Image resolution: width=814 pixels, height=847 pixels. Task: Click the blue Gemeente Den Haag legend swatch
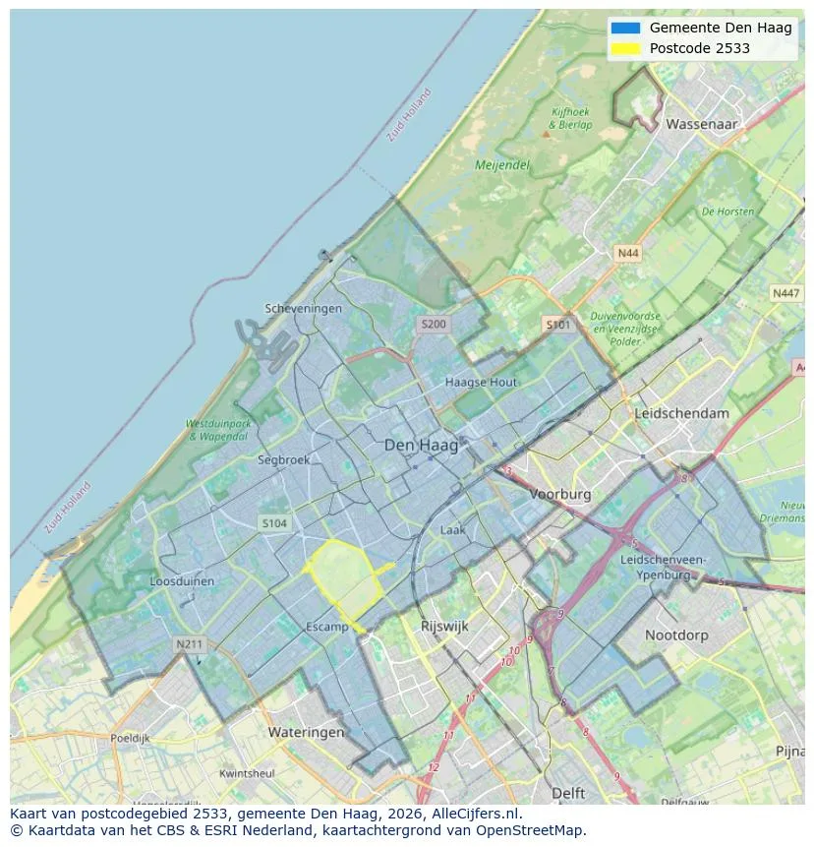[x=625, y=28]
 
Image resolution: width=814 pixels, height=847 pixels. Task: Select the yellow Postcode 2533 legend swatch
[x=625, y=48]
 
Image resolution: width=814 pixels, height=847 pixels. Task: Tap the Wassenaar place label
[x=701, y=125]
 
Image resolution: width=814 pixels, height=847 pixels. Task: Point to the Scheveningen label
[x=304, y=308]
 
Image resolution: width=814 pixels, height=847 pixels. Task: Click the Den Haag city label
[x=421, y=446]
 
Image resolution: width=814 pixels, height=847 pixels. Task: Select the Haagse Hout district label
[x=481, y=382]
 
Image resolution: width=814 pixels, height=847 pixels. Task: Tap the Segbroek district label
[x=283, y=459]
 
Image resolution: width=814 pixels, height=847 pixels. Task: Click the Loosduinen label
[x=182, y=581]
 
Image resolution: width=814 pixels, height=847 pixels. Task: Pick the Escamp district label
[x=327, y=627]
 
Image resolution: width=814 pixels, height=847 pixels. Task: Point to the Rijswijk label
[x=444, y=626]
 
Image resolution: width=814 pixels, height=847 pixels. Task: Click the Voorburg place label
[x=560, y=495]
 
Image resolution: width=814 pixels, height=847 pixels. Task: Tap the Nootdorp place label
[x=676, y=635]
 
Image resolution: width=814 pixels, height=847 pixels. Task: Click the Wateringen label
[x=306, y=732]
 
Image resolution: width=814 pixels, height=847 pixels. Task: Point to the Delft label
[x=568, y=793]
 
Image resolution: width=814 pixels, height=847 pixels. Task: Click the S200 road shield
[x=433, y=324]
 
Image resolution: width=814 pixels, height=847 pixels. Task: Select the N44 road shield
[x=627, y=254]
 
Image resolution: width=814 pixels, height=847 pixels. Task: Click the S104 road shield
[x=274, y=523]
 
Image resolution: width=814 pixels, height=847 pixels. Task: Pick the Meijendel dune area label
[x=502, y=165]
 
